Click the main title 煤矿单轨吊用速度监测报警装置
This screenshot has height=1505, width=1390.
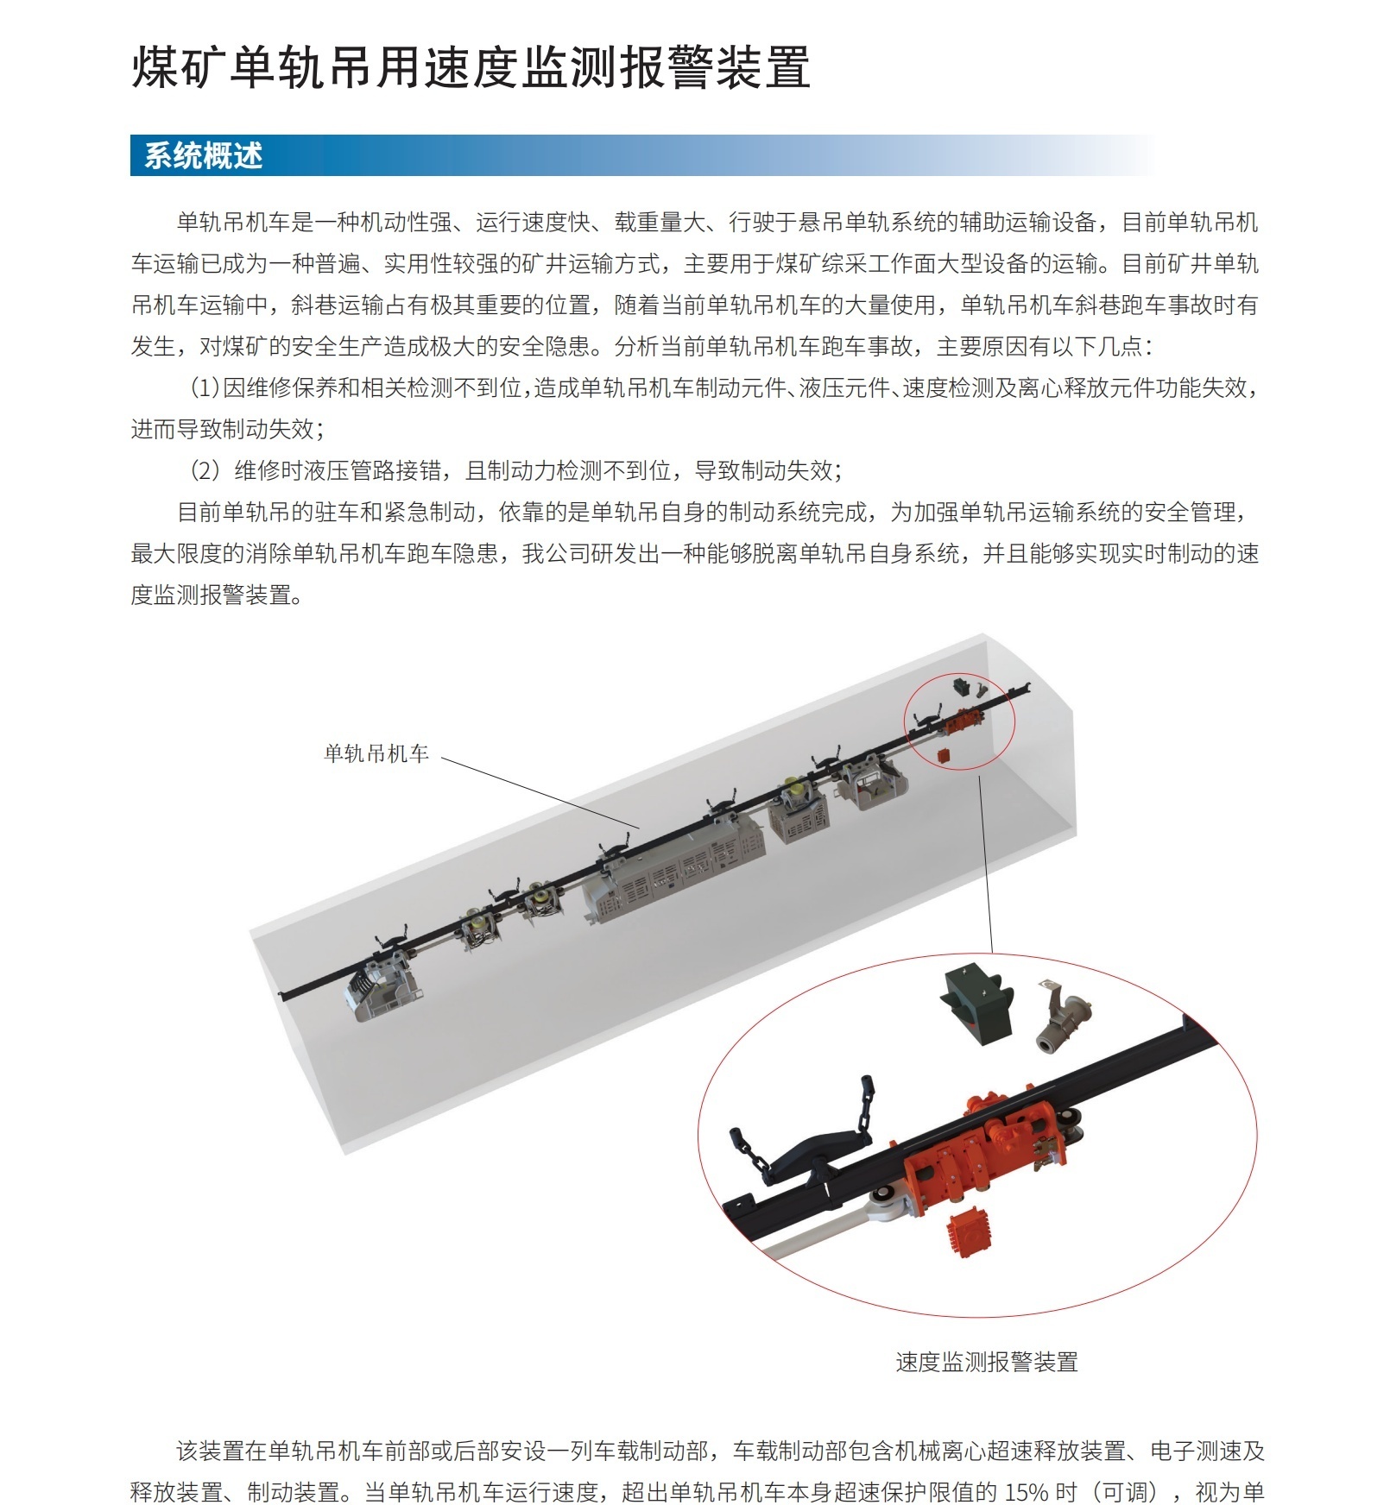coord(471,67)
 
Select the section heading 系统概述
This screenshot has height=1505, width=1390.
coord(203,156)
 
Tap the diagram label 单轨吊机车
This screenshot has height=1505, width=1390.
coord(376,753)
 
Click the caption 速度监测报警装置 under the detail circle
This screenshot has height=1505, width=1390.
coord(986,1362)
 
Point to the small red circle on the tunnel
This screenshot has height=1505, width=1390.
coord(959,721)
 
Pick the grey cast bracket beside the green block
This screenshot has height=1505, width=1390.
coord(1064,1018)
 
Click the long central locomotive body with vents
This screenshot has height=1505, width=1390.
coord(673,867)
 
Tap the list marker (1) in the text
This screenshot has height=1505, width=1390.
coord(205,388)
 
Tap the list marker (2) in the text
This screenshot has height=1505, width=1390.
coord(205,471)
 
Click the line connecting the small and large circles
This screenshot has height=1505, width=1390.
coord(986,863)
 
